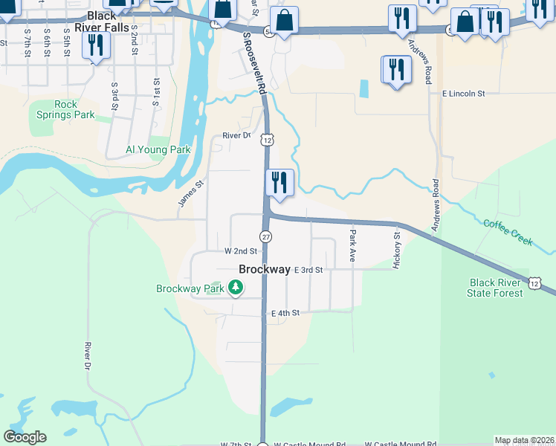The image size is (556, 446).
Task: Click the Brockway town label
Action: tap(264, 270)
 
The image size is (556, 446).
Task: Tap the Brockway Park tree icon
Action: tap(236, 287)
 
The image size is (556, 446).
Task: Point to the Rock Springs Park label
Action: tap(65, 110)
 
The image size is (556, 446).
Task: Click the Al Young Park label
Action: tap(158, 149)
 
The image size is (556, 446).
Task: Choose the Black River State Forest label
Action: tap(496, 288)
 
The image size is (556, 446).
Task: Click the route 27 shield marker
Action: tap(266, 236)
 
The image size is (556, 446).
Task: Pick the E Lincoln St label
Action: tap(463, 94)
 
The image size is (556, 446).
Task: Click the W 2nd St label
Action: tap(240, 251)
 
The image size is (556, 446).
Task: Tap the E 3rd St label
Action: tap(308, 270)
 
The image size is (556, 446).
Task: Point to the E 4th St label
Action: tap(285, 314)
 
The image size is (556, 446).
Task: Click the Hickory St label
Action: tap(398, 250)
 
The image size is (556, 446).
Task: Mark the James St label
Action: tap(190, 194)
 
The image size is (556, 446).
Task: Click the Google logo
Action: tap(25, 437)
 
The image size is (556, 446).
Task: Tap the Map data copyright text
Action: tap(525, 440)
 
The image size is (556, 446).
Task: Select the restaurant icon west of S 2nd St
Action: tap(96, 45)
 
